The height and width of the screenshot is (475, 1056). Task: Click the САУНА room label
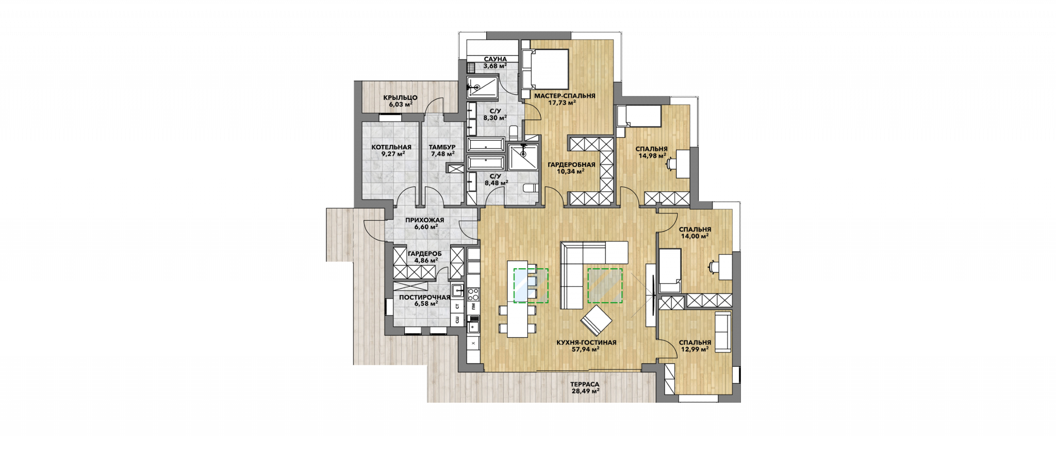[495, 59]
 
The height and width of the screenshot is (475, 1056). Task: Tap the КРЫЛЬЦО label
[400, 97]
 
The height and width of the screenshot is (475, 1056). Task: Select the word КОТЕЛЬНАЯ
[391, 147]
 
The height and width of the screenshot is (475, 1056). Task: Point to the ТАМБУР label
[442, 147]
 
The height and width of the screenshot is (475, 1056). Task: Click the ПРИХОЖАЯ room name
[424, 220]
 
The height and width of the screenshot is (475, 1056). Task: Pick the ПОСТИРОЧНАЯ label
[424, 297]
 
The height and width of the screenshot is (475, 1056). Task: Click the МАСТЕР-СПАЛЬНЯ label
[565, 96]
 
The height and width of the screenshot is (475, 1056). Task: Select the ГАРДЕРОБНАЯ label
[571, 165]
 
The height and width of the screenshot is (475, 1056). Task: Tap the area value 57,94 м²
[585, 349]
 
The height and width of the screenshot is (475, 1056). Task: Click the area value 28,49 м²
[585, 391]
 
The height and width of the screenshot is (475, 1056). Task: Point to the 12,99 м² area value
[695, 349]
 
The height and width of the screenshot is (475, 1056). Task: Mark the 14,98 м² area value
[652, 155]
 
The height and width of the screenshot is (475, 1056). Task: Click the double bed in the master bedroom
[545, 69]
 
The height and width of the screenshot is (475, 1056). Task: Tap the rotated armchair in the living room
[596, 321]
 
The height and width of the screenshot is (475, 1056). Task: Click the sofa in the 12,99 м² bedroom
[722, 332]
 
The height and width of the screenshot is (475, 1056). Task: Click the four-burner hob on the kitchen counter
[473, 294]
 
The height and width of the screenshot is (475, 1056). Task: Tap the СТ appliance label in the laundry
[457, 306]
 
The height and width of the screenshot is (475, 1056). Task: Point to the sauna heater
[471, 68]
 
